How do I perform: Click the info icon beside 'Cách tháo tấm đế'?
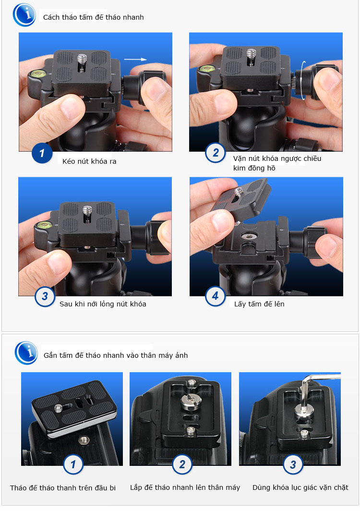pyautogui.click(x=24, y=15)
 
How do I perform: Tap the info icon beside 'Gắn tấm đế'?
pyautogui.click(x=26, y=353)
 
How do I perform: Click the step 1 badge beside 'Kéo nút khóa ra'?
pyautogui.click(x=42, y=153)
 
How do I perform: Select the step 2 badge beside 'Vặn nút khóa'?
pyautogui.click(x=216, y=153)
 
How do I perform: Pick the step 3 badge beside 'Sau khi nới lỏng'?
pyautogui.click(x=45, y=296)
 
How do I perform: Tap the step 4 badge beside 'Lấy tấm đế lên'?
pyautogui.click(x=216, y=296)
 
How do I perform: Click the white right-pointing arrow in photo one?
pyautogui.click(x=135, y=60)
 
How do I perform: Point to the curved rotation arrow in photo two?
pyautogui.click(x=304, y=80)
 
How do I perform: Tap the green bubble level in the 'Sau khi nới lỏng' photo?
pyautogui.click(x=44, y=225)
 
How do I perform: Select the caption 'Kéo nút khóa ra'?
pyautogui.click(x=89, y=161)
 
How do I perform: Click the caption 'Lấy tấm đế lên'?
pyautogui.click(x=259, y=304)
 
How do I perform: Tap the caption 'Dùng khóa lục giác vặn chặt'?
pyautogui.click(x=300, y=487)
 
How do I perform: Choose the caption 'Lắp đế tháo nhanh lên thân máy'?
pyautogui.click(x=185, y=487)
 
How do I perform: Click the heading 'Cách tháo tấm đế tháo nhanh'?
pyautogui.click(x=94, y=17)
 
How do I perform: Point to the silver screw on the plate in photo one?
pyautogui.click(x=82, y=60)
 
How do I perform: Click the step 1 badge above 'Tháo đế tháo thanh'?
pyautogui.click(x=73, y=464)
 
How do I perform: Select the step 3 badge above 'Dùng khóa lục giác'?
pyautogui.click(x=293, y=464)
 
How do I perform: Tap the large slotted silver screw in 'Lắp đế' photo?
pyautogui.click(x=190, y=401)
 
